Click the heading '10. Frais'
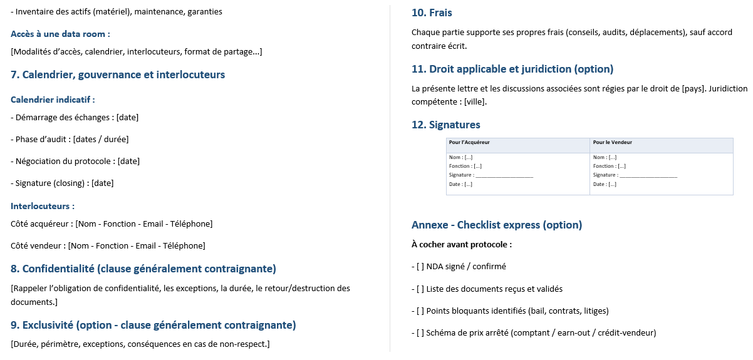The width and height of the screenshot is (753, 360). (x=432, y=13)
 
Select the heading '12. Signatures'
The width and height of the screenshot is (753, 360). (x=445, y=125)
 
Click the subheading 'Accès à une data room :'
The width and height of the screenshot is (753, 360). (x=60, y=34)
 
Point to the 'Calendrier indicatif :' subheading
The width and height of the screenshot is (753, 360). (x=53, y=100)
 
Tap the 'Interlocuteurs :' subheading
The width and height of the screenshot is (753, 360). (x=43, y=206)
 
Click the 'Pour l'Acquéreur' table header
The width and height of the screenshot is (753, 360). (x=469, y=143)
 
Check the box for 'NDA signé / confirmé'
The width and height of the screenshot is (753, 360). (x=420, y=267)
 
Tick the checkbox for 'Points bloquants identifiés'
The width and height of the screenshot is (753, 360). (x=420, y=311)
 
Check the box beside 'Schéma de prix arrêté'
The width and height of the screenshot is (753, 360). (x=420, y=333)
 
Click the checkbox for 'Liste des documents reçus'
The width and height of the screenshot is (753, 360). (x=420, y=289)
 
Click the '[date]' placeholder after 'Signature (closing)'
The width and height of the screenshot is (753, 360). (x=103, y=183)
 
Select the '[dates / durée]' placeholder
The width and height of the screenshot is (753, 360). (x=101, y=140)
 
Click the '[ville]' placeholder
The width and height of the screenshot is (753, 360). (x=474, y=102)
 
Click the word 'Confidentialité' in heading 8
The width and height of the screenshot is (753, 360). (x=58, y=269)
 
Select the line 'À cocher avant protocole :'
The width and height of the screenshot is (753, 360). (x=462, y=245)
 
